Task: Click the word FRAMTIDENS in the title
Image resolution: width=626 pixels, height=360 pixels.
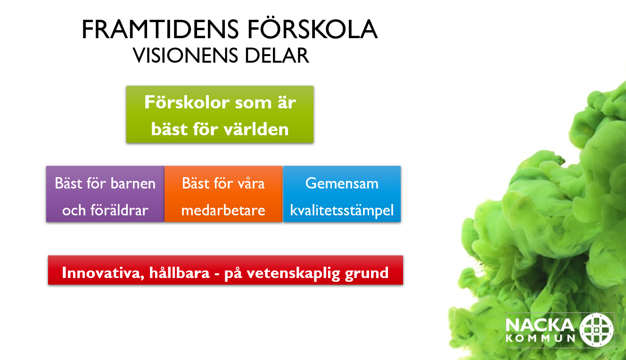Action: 160,29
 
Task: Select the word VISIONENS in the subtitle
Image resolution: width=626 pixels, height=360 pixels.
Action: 185,56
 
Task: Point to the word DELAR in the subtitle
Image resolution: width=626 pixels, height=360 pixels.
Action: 277,56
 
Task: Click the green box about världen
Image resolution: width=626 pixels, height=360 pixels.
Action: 220,115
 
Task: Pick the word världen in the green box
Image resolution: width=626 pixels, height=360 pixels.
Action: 258,129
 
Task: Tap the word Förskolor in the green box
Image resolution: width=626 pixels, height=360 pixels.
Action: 186,102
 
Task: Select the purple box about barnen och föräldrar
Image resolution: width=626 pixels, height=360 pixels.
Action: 105,194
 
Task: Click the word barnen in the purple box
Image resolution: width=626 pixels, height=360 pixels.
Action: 133,183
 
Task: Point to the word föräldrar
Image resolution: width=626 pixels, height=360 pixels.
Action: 119,210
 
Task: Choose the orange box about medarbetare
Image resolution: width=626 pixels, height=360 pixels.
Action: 223,194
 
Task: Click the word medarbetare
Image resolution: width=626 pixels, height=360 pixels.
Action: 223,210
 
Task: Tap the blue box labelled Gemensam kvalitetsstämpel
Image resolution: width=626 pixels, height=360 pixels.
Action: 342,194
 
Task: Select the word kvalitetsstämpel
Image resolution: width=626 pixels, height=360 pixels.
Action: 342,211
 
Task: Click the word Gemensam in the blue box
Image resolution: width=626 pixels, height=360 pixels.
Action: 342,183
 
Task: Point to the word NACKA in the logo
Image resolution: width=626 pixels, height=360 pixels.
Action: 540,326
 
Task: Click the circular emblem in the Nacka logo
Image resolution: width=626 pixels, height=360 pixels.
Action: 596,330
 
